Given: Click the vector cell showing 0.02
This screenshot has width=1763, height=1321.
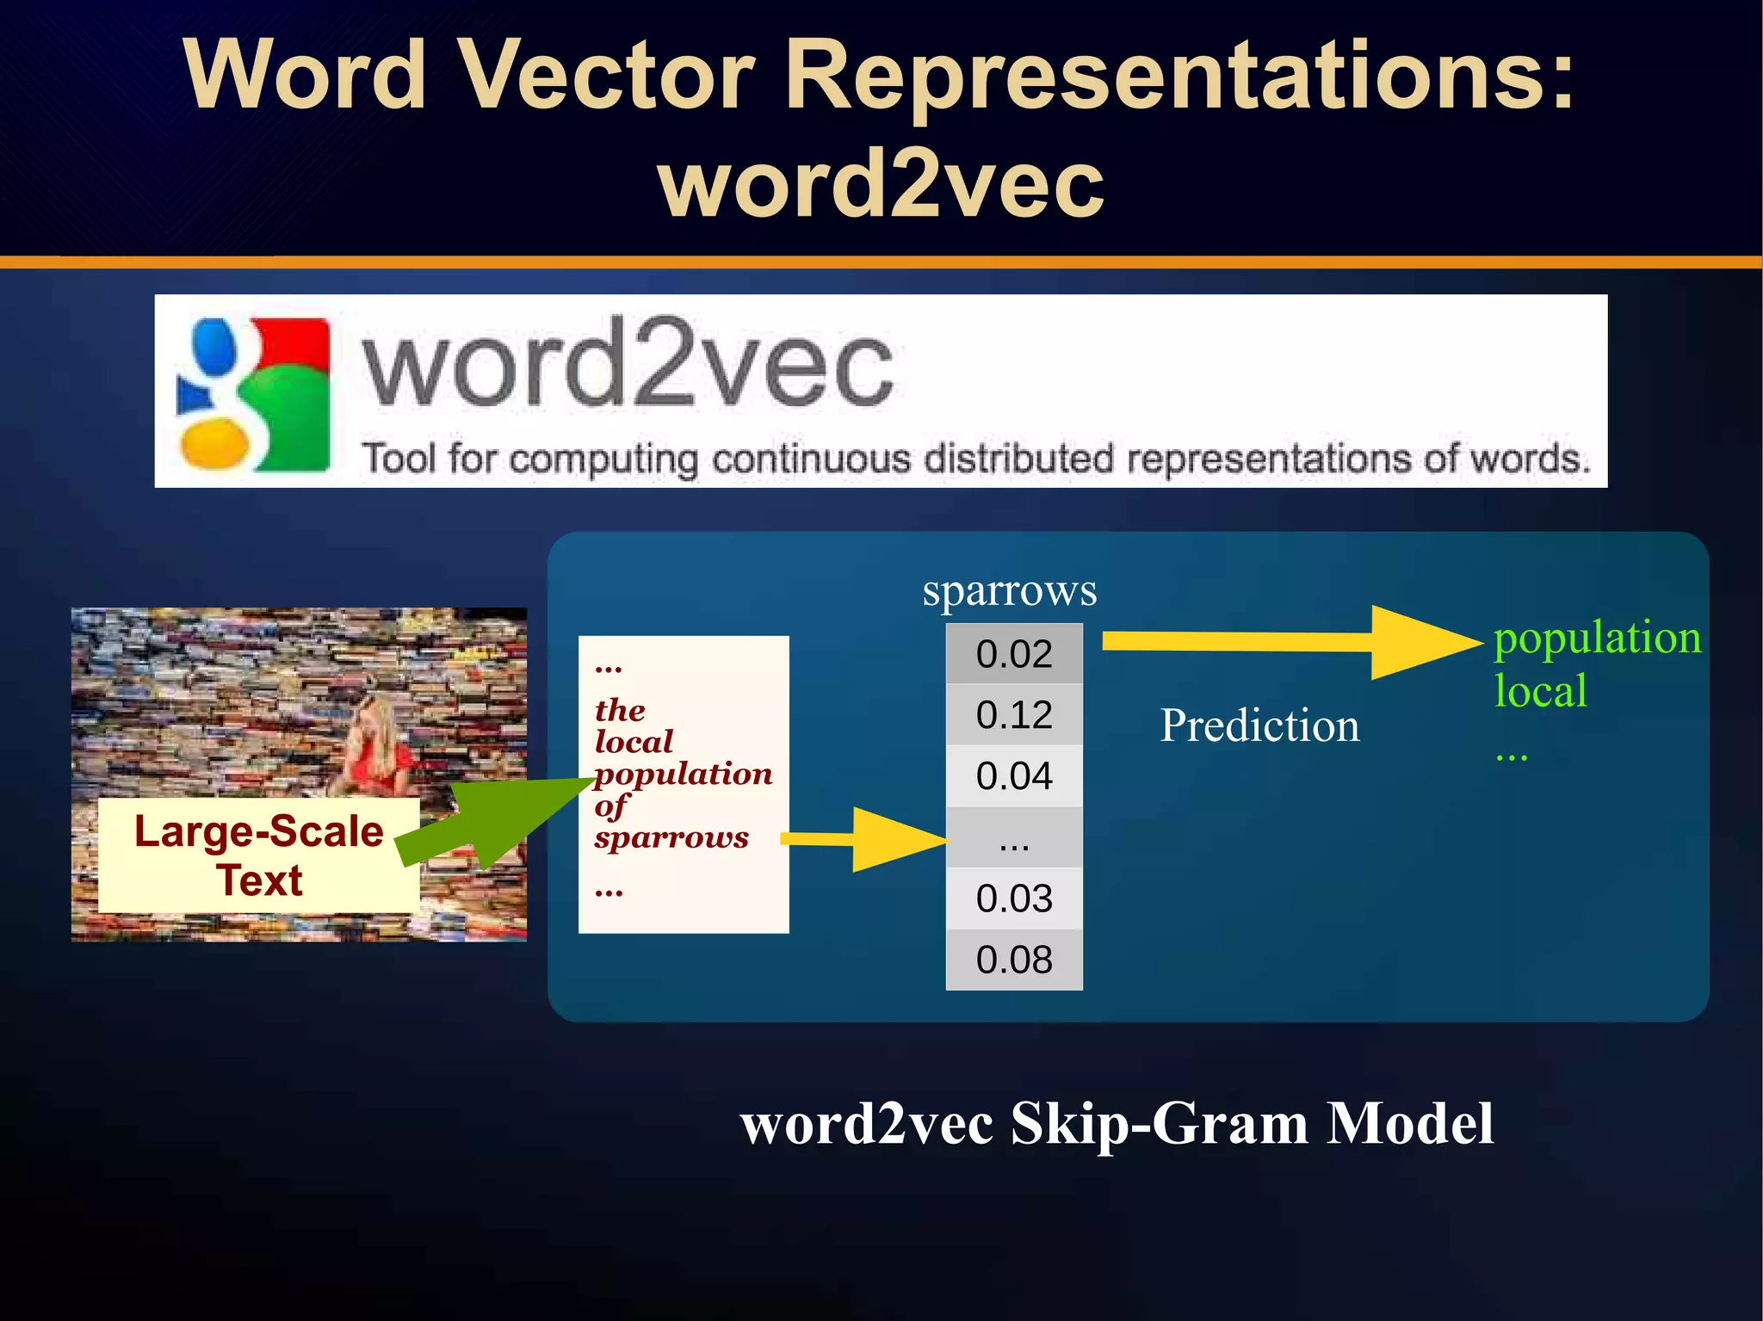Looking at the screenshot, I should coord(1014,654).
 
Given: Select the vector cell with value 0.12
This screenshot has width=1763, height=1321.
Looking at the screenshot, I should coord(1014,715).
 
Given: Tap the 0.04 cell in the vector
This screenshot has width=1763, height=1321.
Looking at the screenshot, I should coord(1014,776).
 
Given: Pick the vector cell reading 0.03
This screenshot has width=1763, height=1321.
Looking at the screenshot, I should coord(1014,898).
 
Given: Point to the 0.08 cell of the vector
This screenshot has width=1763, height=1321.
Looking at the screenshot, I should coord(1014,960).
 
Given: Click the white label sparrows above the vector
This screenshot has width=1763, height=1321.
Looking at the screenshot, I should coord(1009,591).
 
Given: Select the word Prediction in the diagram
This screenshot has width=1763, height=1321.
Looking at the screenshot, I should coord(1259,725).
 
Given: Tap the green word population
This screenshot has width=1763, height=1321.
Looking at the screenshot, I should coord(1597,639).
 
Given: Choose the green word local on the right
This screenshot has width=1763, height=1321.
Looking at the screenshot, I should coord(1540,691).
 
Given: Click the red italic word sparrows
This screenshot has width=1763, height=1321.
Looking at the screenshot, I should coord(671,837).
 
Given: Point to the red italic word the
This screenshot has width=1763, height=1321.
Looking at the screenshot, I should coord(620,710).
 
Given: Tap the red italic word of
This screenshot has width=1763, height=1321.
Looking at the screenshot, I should coord(610,806).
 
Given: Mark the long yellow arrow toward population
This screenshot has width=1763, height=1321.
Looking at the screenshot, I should coord(1291,642).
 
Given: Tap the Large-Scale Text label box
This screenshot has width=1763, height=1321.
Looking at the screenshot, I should coord(259,855).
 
